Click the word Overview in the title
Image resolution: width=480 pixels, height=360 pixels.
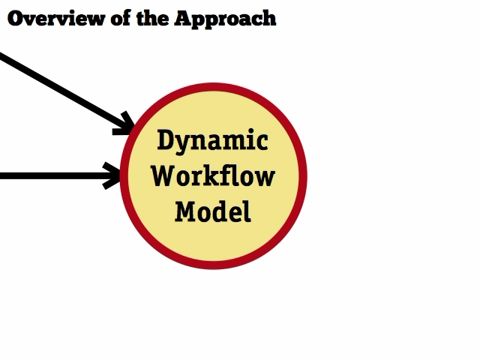[56, 18]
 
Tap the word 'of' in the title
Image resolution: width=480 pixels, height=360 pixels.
[121, 18]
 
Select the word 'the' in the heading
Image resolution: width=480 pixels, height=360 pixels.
[152, 18]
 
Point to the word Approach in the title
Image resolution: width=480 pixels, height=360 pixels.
[225, 19]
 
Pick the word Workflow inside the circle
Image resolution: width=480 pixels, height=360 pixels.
[213, 175]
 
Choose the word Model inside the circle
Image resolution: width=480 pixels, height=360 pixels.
[213, 211]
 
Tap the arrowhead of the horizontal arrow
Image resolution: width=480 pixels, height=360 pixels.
[112, 175]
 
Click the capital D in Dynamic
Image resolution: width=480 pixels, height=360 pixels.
[166, 139]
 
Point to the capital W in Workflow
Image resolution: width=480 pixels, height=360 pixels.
[163, 175]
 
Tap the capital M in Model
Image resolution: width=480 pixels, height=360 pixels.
[187, 211]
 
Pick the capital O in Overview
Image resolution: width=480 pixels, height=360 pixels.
[16, 19]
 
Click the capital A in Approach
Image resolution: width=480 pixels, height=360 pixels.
[185, 18]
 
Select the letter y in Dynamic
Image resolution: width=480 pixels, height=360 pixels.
[184, 145]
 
